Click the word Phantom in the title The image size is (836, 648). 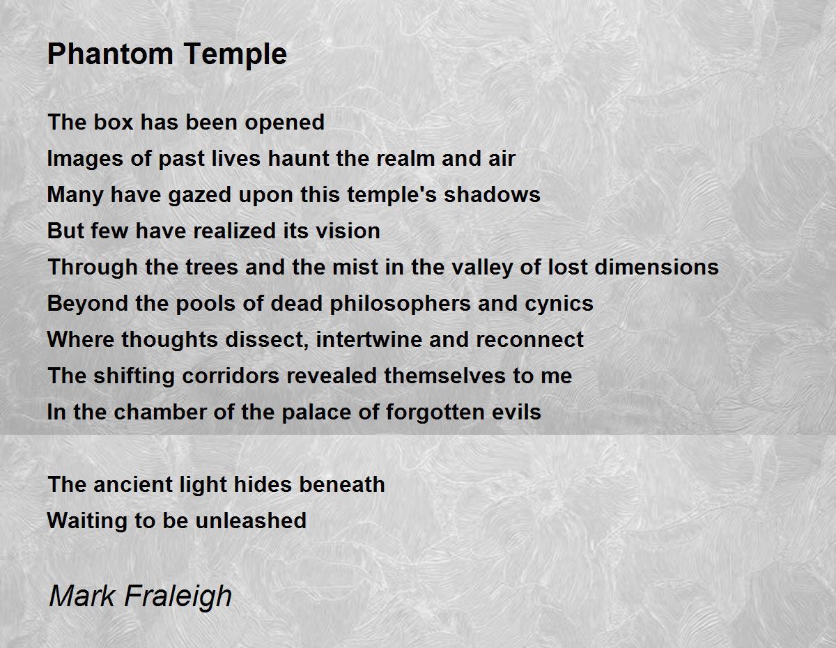[110, 54]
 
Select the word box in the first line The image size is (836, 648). [113, 122]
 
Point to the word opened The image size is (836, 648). [285, 123]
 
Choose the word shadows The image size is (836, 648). [492, 194]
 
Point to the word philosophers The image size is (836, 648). [400, 304]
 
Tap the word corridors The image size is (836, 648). [231, 375]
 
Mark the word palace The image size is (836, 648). [316, 412]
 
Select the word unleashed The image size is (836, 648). [251, 520]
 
